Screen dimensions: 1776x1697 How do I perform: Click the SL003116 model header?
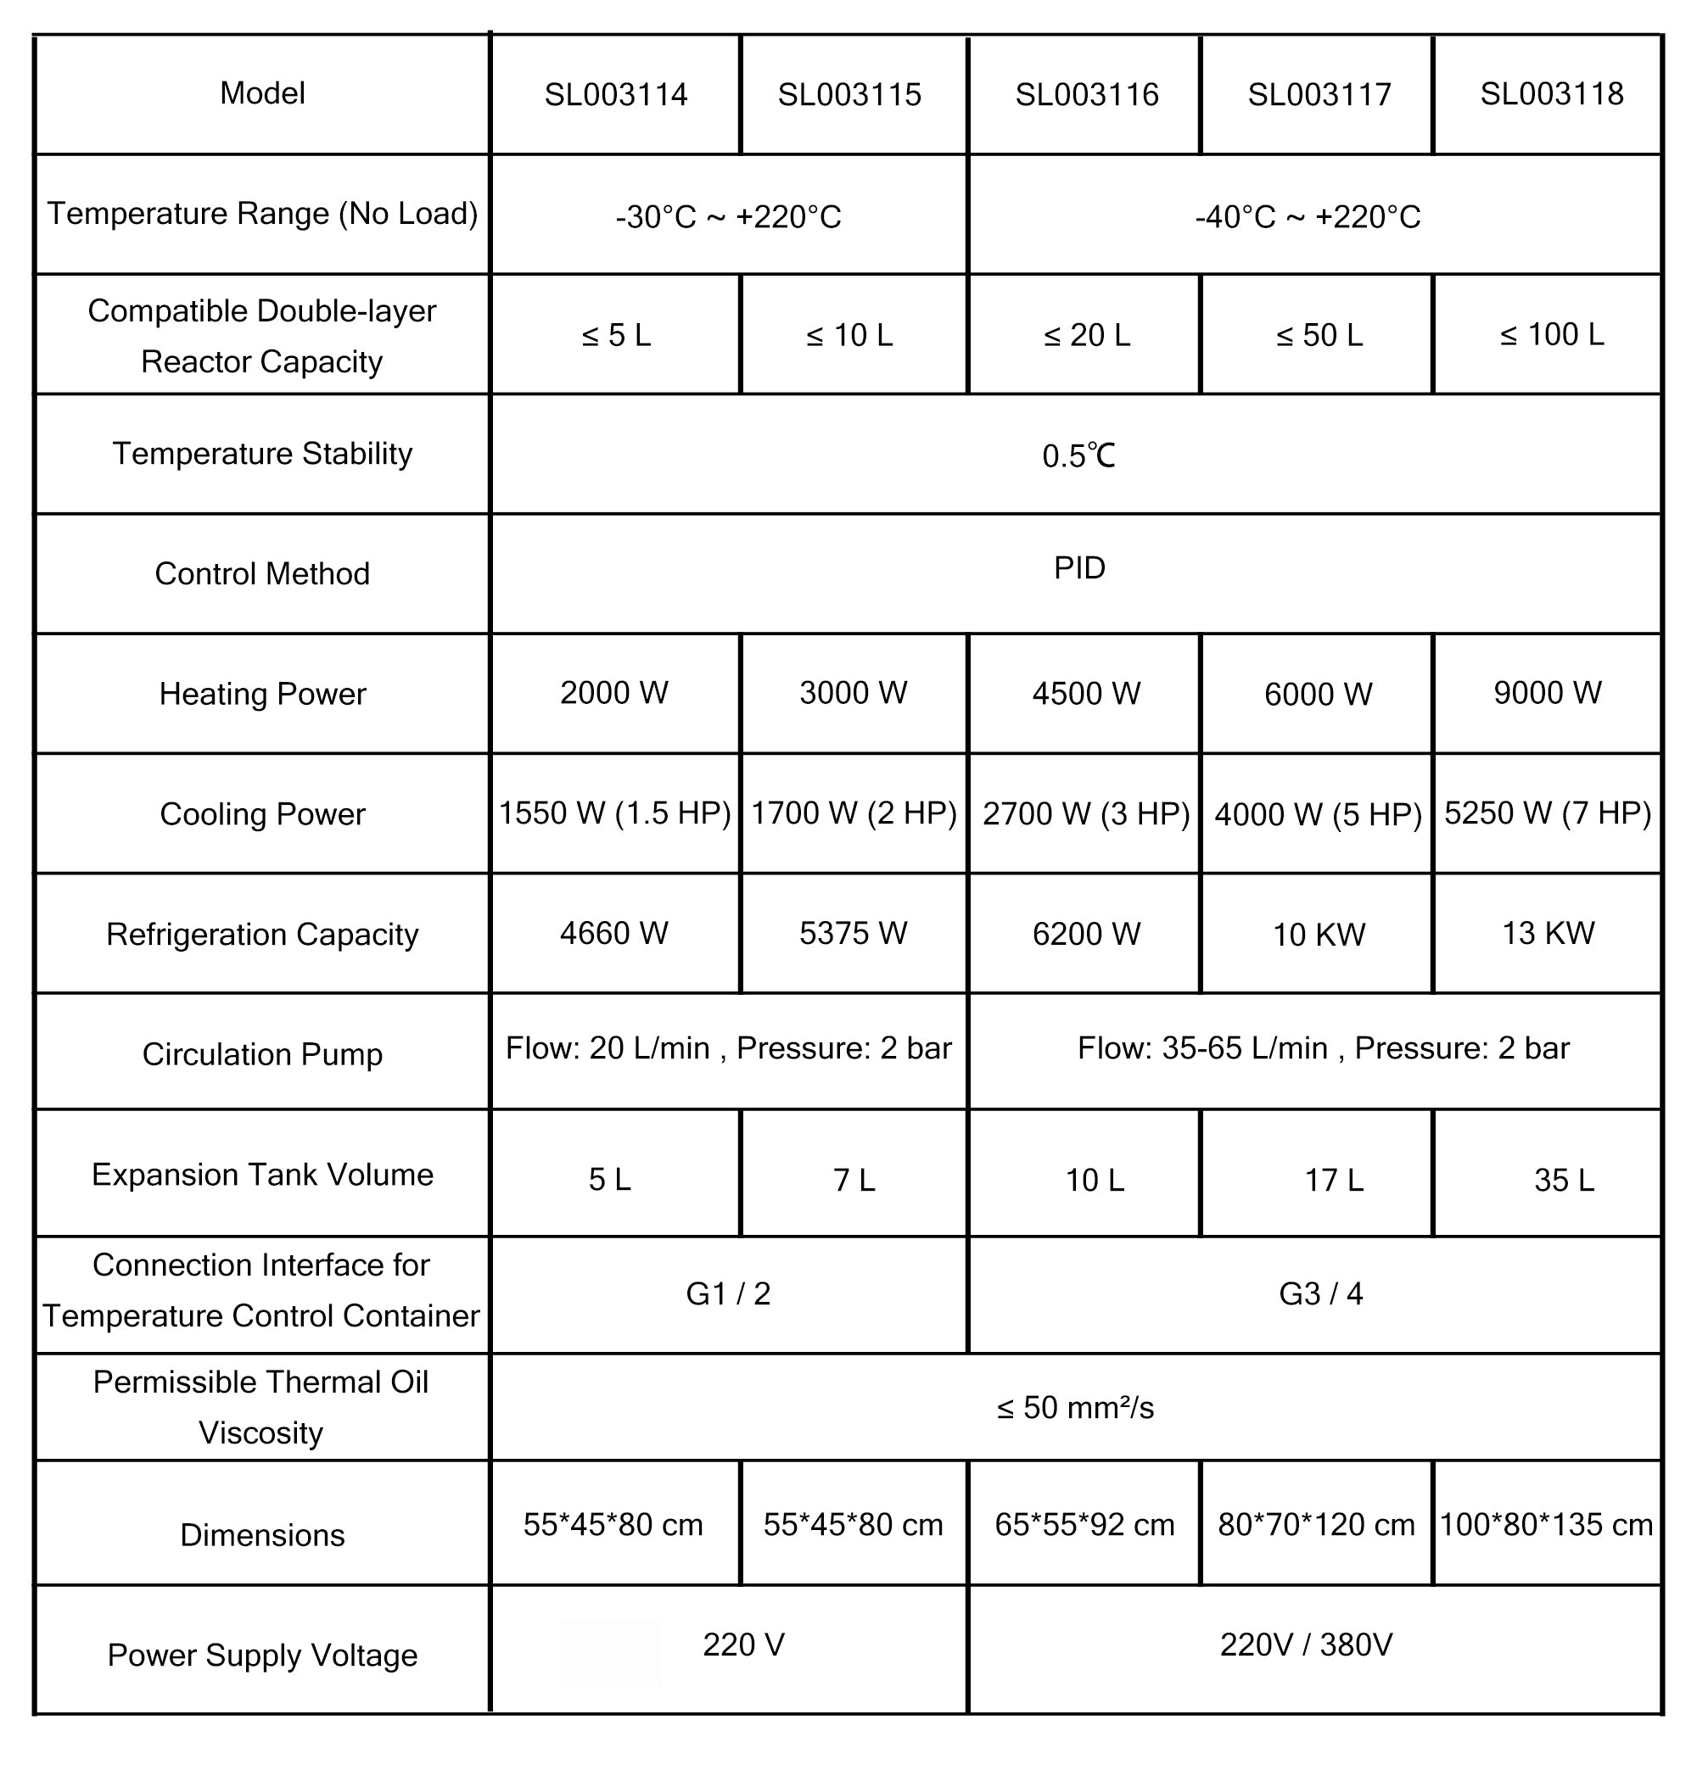(1086, 95)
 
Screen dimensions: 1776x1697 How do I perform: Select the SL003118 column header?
(1551, 94)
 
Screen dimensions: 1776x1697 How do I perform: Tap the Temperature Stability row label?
(262, 454)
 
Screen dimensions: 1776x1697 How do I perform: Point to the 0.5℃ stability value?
(1078, 455)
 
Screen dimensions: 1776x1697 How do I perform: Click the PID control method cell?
(1079, 568)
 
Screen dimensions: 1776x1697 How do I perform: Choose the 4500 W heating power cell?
(1086, 694)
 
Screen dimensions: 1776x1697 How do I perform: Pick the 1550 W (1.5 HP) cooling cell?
(615, 813)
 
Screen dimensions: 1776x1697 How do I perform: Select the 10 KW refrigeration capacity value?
(1319, 934)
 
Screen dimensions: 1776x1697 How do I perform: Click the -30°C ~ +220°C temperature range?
(728, 217)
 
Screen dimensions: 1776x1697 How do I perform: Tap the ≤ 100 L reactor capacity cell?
(1551, 334)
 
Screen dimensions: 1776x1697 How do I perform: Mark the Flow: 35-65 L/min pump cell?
(1323, 1048)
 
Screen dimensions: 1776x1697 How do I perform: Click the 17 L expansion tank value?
(1333, 1180)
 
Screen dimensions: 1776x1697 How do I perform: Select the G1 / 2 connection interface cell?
(728, 1294)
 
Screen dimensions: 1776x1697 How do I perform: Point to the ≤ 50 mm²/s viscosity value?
(1076, 1408)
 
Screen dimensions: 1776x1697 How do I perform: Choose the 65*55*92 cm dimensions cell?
(1084, 1525)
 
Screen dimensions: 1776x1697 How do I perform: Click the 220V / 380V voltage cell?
(1306, 1644)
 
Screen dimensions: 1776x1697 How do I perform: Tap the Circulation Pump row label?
(262, 1054)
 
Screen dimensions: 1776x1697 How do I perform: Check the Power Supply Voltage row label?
(262, 1655)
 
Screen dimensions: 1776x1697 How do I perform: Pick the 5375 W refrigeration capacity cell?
(853, 933)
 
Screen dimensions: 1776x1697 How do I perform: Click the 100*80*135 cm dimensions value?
(1546, 1525)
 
